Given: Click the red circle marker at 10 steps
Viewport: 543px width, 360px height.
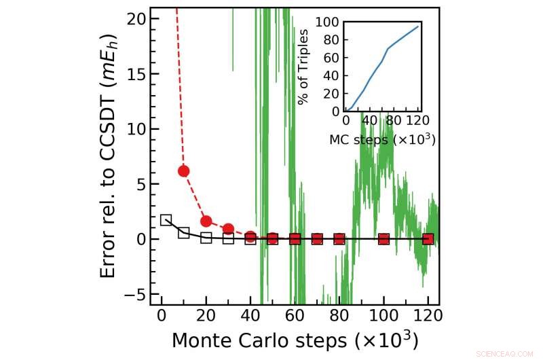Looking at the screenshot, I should pos(183,170).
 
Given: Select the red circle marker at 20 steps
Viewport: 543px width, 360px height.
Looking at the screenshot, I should pos(206,221).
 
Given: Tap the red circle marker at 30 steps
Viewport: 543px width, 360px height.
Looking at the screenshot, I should pos(228,229).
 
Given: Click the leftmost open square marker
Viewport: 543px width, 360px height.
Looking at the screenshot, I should pos(166,219).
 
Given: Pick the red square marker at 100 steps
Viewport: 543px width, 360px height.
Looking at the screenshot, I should pos(384,239).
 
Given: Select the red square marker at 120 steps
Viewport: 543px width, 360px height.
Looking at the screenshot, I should pos(428,239).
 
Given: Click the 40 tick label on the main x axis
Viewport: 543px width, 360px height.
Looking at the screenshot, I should pos(250,317).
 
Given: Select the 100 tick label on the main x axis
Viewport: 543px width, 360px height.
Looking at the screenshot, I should pos(384,317).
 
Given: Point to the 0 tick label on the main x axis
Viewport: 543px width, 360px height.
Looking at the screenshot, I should pos(162,317).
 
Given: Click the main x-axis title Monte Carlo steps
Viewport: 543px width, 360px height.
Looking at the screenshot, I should pos(294,339).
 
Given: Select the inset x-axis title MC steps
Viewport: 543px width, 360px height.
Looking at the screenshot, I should pos(382,141).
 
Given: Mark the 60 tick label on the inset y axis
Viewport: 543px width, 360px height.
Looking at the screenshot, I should pos(331,58).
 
